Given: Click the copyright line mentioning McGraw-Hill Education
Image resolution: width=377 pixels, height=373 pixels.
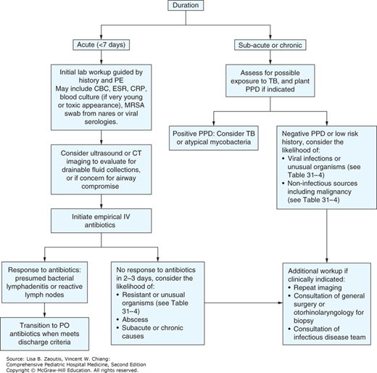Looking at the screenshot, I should coord(72,368).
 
